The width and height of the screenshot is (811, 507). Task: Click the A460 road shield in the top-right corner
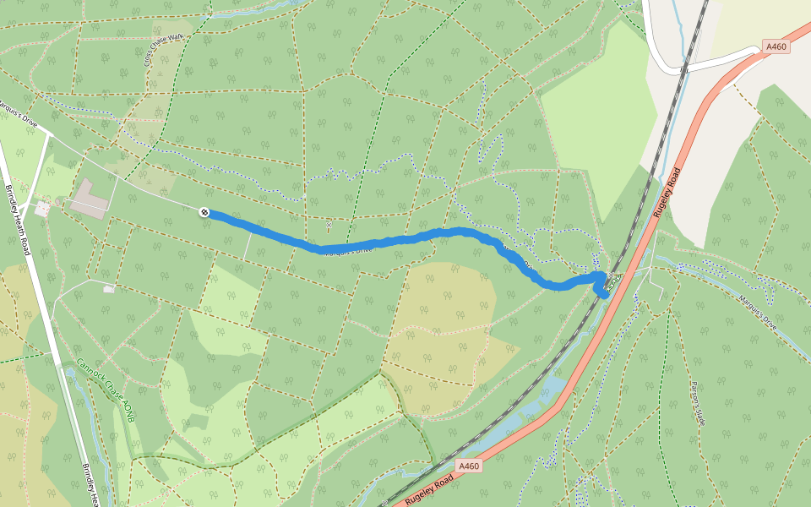tap(776, 47)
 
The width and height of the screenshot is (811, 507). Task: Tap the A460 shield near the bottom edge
tap(470, 466)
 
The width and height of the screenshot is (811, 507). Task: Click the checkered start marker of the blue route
tap(204, 212)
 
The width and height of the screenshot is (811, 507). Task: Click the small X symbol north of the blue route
tap(329, 225)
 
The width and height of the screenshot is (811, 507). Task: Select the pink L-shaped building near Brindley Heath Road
tap(89, 199)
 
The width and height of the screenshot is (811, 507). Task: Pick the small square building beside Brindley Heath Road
tap(41, 207)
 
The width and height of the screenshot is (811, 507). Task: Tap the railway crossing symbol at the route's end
tap(612, 280)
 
